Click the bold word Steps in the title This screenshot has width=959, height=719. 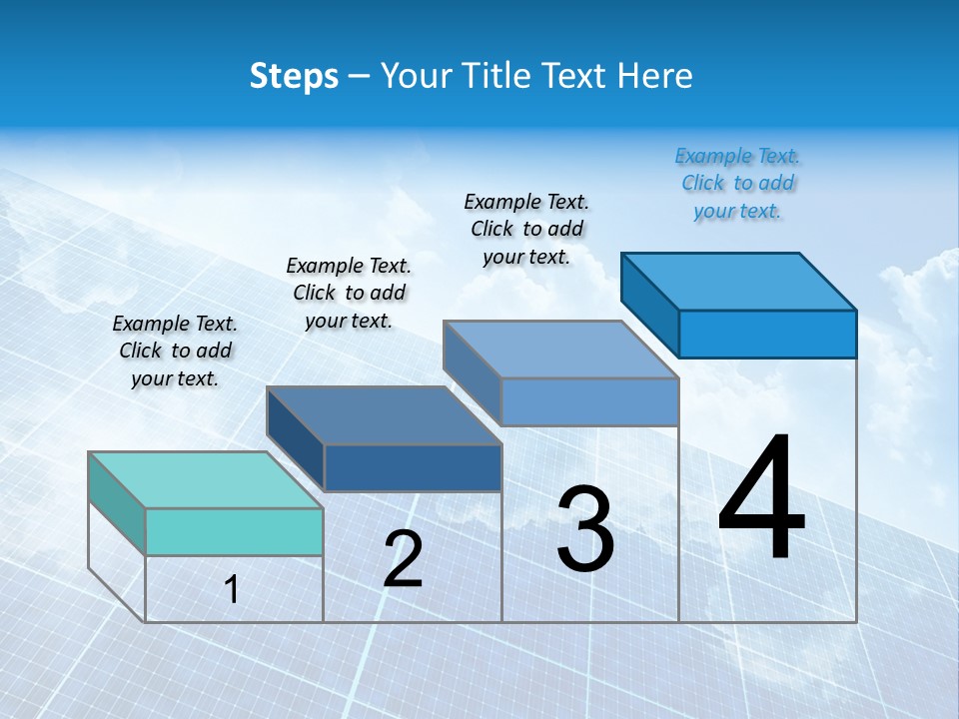(294, 76)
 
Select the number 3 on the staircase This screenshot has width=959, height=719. (585, 529)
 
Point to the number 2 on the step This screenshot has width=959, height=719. (404, 559)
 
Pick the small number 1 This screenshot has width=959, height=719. (232, 590)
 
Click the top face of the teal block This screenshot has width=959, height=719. (206, 480)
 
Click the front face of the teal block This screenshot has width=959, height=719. (234, 531)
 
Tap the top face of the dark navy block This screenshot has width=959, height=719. (384, 415)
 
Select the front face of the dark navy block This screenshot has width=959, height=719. (413, 467)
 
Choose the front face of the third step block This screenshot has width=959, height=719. (589, 401)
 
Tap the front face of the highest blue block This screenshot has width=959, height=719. (767, 334)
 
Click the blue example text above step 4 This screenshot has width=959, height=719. (737, 183)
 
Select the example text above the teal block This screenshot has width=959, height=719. (175, 351)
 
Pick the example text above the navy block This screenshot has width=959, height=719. (349, 293)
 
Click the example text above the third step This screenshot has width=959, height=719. (526, 229)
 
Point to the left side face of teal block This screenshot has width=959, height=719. (117, 503)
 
